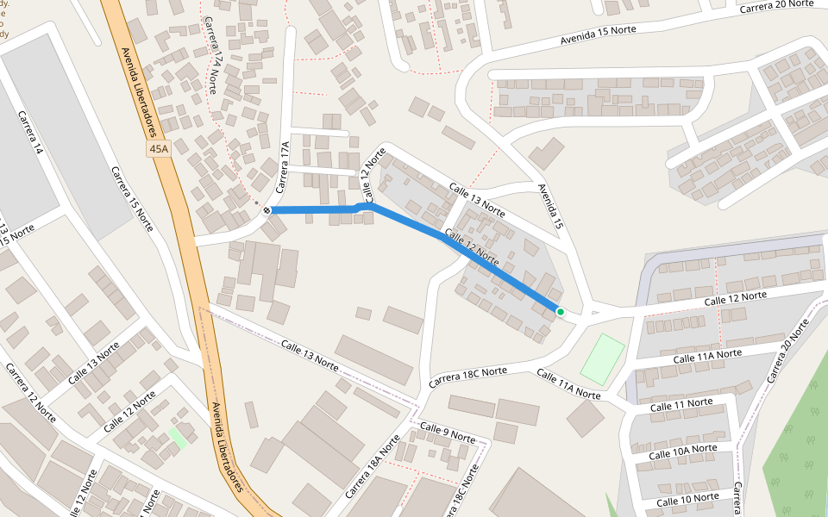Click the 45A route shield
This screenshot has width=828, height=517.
159,149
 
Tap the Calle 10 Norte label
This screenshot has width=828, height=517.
687,499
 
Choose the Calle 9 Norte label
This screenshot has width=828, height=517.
448,433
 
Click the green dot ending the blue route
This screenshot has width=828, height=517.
560,311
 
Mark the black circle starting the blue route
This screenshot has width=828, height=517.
267,210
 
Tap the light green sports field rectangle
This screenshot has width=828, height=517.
602,358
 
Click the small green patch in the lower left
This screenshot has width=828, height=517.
178,436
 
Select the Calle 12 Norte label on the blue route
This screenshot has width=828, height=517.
471,246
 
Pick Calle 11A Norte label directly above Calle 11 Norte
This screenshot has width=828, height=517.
706,354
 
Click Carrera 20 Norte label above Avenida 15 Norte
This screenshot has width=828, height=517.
775,5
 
